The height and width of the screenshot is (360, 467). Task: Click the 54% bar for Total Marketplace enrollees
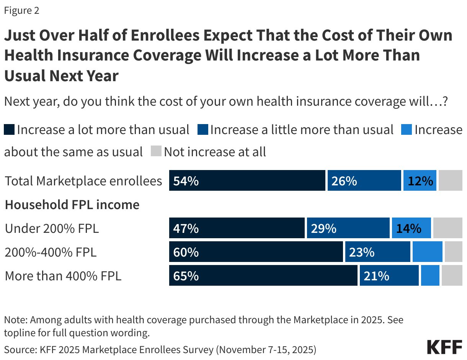pos(247,181)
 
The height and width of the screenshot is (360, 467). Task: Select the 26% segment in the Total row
pos(364,181)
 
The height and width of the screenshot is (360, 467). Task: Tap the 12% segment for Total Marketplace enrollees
pos(420,181)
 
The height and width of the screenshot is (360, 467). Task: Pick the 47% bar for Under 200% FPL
pos(237,228)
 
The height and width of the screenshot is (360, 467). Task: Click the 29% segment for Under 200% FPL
pos(348,228)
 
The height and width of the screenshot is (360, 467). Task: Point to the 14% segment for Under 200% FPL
pos(411,228)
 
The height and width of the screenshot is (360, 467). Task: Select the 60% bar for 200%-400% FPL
pos(256,252)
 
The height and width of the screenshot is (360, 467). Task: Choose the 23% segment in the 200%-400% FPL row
pos(377,252)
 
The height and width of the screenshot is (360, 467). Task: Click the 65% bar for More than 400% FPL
pos(263,276)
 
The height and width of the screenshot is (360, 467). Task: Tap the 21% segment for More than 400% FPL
pos(389,276)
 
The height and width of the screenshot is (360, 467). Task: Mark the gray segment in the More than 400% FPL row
pos(452,276)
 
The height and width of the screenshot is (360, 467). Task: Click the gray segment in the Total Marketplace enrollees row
pos(450,181)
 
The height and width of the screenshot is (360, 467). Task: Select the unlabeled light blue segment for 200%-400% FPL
pos(427,252)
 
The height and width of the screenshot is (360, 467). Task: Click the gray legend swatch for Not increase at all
pos(156,152)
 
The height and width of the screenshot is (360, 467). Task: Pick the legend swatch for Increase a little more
pos(202,130)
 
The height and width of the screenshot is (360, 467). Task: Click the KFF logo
pos(444,347)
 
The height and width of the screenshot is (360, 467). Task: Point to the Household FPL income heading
pos(72,205)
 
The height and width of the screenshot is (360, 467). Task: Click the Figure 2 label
pos(21,11)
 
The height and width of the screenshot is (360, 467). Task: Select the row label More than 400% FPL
pos(63,276)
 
